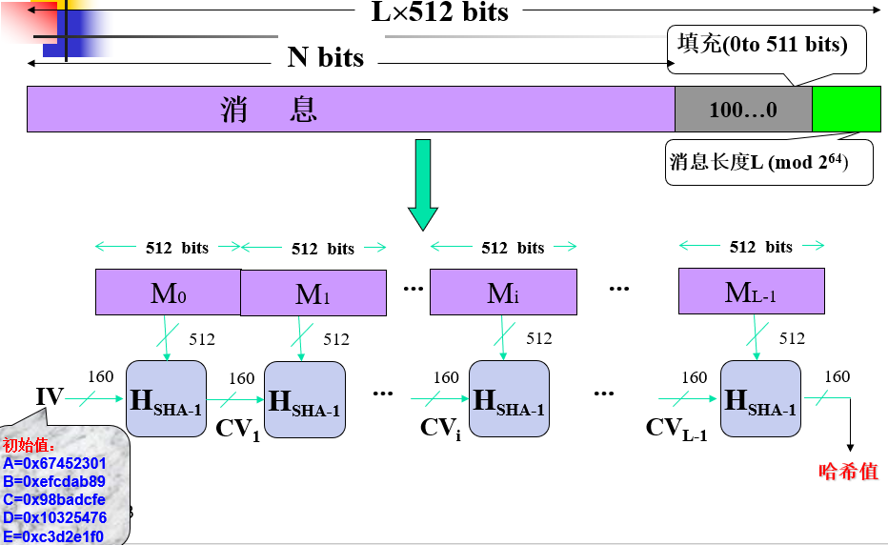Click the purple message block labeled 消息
click(351, 109)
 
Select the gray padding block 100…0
click(743, 109)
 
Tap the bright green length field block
click(846, 109)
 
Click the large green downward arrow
click(422, 185)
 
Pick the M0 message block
click(168, 292)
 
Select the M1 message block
click(313, 293)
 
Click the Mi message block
click(503, 292)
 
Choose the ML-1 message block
click(751, 292)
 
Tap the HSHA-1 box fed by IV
click(166, 399)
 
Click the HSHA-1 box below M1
click(304, 399)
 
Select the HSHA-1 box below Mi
click(509, 399)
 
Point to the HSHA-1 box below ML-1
click(759, 399)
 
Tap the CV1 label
click(237, 428)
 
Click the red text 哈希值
click(848, 472)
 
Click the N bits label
click(325, 58)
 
